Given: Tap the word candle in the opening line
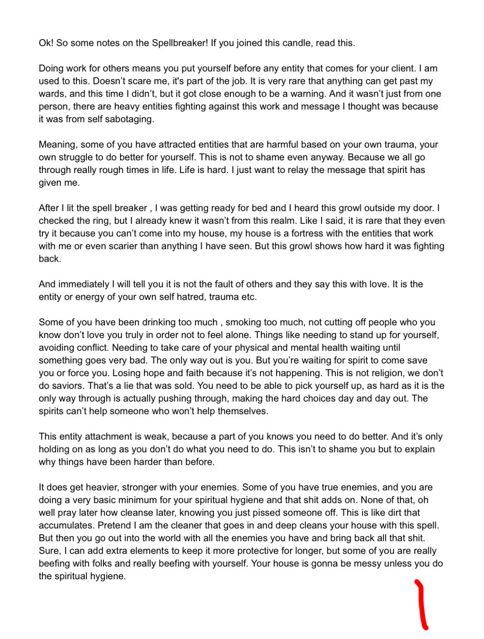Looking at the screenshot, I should [x=296, y=43].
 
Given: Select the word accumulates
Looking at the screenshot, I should [x=66, y=526].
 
